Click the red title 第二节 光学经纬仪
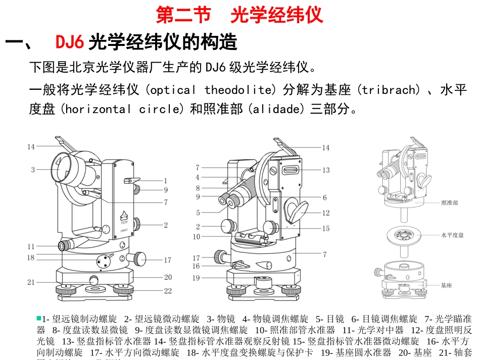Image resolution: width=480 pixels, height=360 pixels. pyautogui.click(x=239, y=15)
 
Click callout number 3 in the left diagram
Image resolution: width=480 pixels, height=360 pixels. pyautogui.click(x=33, y=170)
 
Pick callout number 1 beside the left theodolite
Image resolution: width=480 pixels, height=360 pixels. pyautogui.click(x=165, y=180)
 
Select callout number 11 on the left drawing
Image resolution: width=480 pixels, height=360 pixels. pyautogui.click(x=31, y=246)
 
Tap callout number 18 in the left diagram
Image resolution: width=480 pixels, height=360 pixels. pyautogui.click(x=31, y=258)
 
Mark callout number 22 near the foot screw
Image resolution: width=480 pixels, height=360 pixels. pyautogui.click(x=167, y=291)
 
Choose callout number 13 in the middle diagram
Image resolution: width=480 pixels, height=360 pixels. pyautogui.click(x=326, y=170)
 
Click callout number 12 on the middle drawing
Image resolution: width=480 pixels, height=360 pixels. pyautogui.click(x=326, y=213)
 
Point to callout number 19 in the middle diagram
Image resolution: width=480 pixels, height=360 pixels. pyautogui.click(x=196, y=278)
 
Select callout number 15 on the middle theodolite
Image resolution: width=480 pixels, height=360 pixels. pyautogui.click(x=326, y=229)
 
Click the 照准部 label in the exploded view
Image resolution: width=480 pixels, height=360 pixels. pyautogui.click(x=449, y=202)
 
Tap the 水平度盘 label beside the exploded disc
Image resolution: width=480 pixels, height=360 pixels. pyautogui.click(x=452, y=235)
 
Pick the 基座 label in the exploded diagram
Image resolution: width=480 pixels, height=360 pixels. pyautogui.click(x=446, y=285)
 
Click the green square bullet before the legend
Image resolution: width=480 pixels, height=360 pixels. pyautogui.click(x=38, y=318)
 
